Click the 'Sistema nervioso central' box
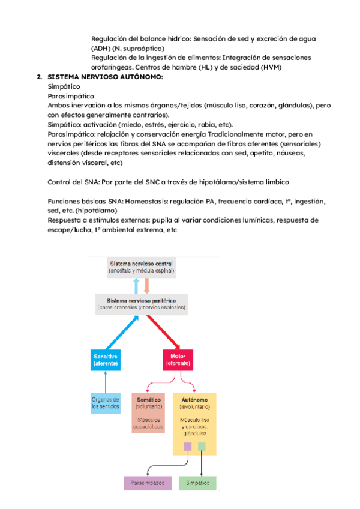[141, 267]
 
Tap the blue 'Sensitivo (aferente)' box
[106, 360]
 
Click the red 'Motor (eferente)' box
[178, 360]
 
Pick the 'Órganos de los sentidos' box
[106, 403]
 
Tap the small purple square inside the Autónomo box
[188, 446]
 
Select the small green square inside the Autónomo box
[202, 446]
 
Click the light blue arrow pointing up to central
[136, 285]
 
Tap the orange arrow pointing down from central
[146, 285]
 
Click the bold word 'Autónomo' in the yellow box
[192, 398]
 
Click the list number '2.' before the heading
[39, 77]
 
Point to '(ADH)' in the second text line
[100, 48]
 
